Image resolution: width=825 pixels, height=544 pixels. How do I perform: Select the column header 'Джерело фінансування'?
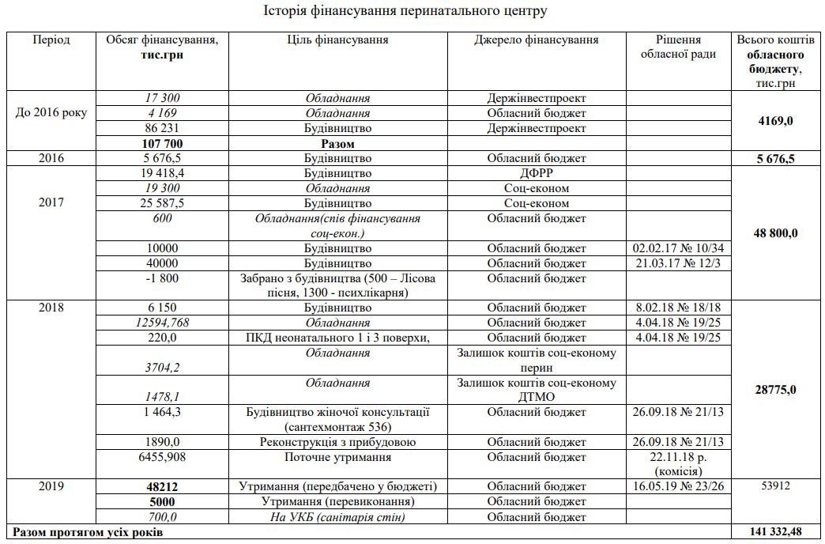tap(537, 40)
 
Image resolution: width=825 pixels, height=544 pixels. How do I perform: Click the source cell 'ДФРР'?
tap(537, 173)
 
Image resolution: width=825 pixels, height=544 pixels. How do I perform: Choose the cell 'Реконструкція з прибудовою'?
tap(337, 442)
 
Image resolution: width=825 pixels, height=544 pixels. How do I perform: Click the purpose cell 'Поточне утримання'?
tap(337, 457)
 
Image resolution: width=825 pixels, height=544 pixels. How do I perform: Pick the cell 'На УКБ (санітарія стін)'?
tap(337, 517)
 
